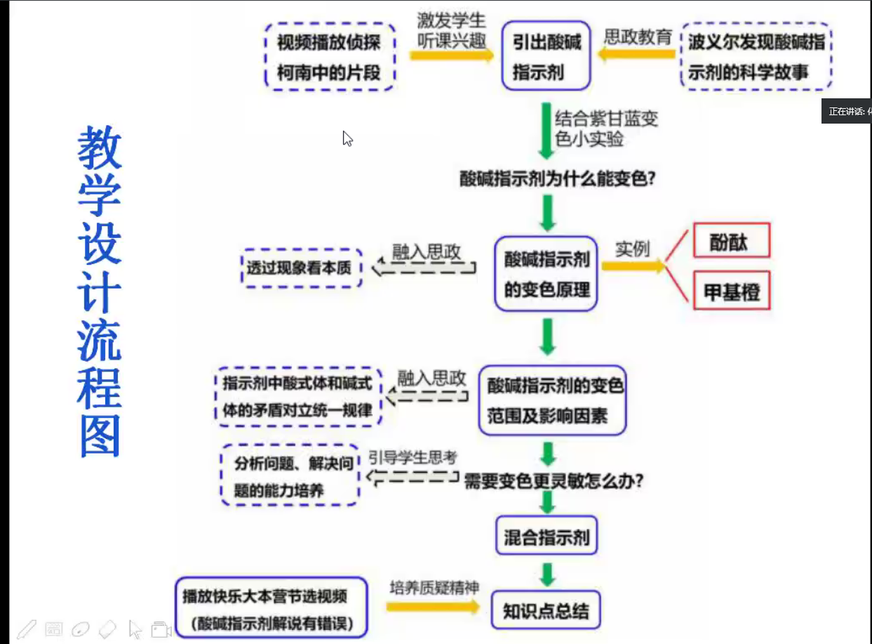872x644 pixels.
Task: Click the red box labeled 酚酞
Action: tap(731, 241)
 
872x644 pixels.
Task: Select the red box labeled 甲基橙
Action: tap(731, 291)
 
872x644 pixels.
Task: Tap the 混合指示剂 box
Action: tap(547, 538)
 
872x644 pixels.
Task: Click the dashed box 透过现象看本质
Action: tap(300, 268)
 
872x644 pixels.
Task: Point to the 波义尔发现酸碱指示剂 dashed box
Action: tap(756, 56)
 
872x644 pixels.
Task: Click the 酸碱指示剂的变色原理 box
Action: tap(546, 274)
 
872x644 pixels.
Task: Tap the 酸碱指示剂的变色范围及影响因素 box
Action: tap(552, 400)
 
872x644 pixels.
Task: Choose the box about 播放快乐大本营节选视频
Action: tap(271, 608)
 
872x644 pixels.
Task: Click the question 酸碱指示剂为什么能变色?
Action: tap(558, 178)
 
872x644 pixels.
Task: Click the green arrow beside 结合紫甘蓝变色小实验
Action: tap(545, 130)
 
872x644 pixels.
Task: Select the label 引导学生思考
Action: tap(412, 457)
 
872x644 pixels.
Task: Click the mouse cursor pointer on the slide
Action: tap(347, 138)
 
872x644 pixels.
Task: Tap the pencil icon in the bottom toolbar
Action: tap(25, 629)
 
